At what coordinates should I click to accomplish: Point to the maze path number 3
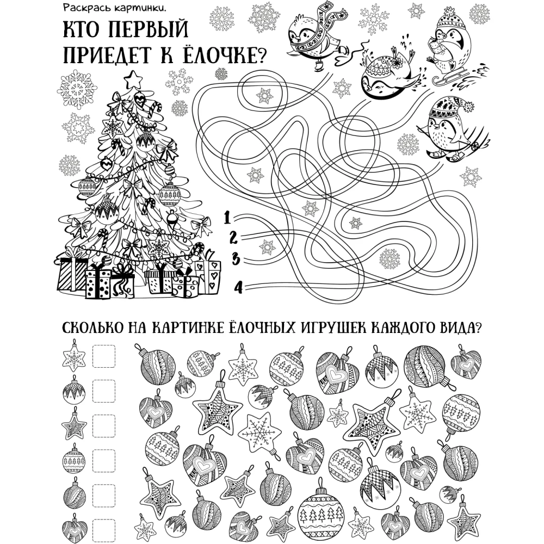tap(236, 258)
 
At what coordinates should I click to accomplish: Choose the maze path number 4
tap(238, 287)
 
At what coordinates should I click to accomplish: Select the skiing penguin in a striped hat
tap(451, 130)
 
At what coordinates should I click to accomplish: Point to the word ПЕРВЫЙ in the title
tap(149, 29)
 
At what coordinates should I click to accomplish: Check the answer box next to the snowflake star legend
tap(104, 356)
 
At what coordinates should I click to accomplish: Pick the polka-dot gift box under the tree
tap(98, 283)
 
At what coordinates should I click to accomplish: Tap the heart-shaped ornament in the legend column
tap(74, 527)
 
